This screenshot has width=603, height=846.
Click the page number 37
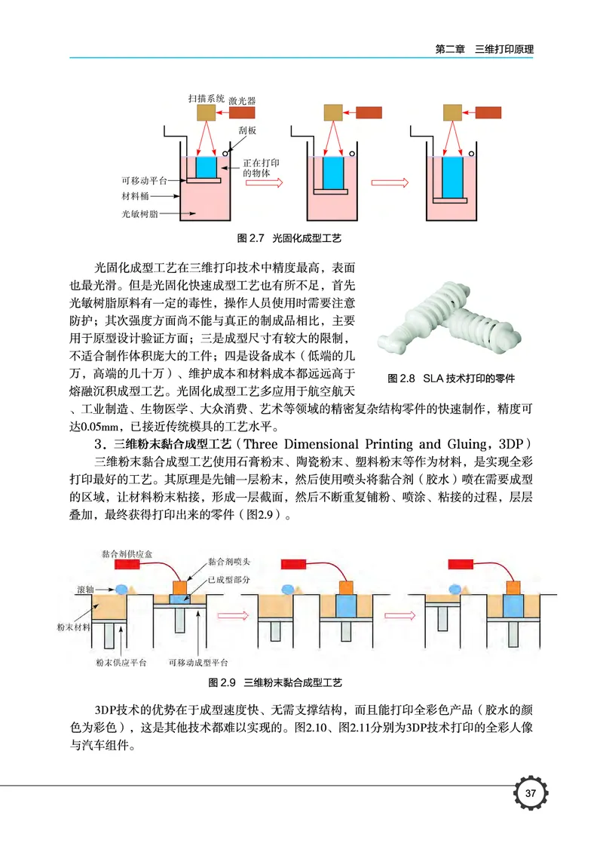[x=530, y=794]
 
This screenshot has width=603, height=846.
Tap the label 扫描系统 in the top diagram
[x=206, y=98]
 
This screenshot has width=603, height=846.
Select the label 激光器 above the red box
[x=242, y=100]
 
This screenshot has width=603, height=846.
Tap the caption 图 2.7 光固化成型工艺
[x=289, y=238]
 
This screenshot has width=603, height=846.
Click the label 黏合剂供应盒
[x=125, y=553]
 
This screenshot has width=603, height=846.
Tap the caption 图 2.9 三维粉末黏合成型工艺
[x=274, y=682]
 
